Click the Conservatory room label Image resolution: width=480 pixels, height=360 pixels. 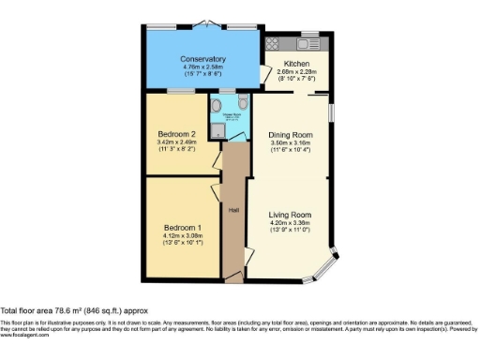pos(203,58)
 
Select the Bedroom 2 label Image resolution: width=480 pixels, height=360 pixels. pos(175,134)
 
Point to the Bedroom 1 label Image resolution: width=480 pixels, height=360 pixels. pos(183,228)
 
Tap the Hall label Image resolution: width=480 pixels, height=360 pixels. pos(233,210)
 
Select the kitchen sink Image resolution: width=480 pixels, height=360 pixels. pos(308,42)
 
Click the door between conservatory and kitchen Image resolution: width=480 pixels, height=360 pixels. pos(262,78)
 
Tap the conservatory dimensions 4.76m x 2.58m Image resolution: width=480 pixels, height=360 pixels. pos(203,67)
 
